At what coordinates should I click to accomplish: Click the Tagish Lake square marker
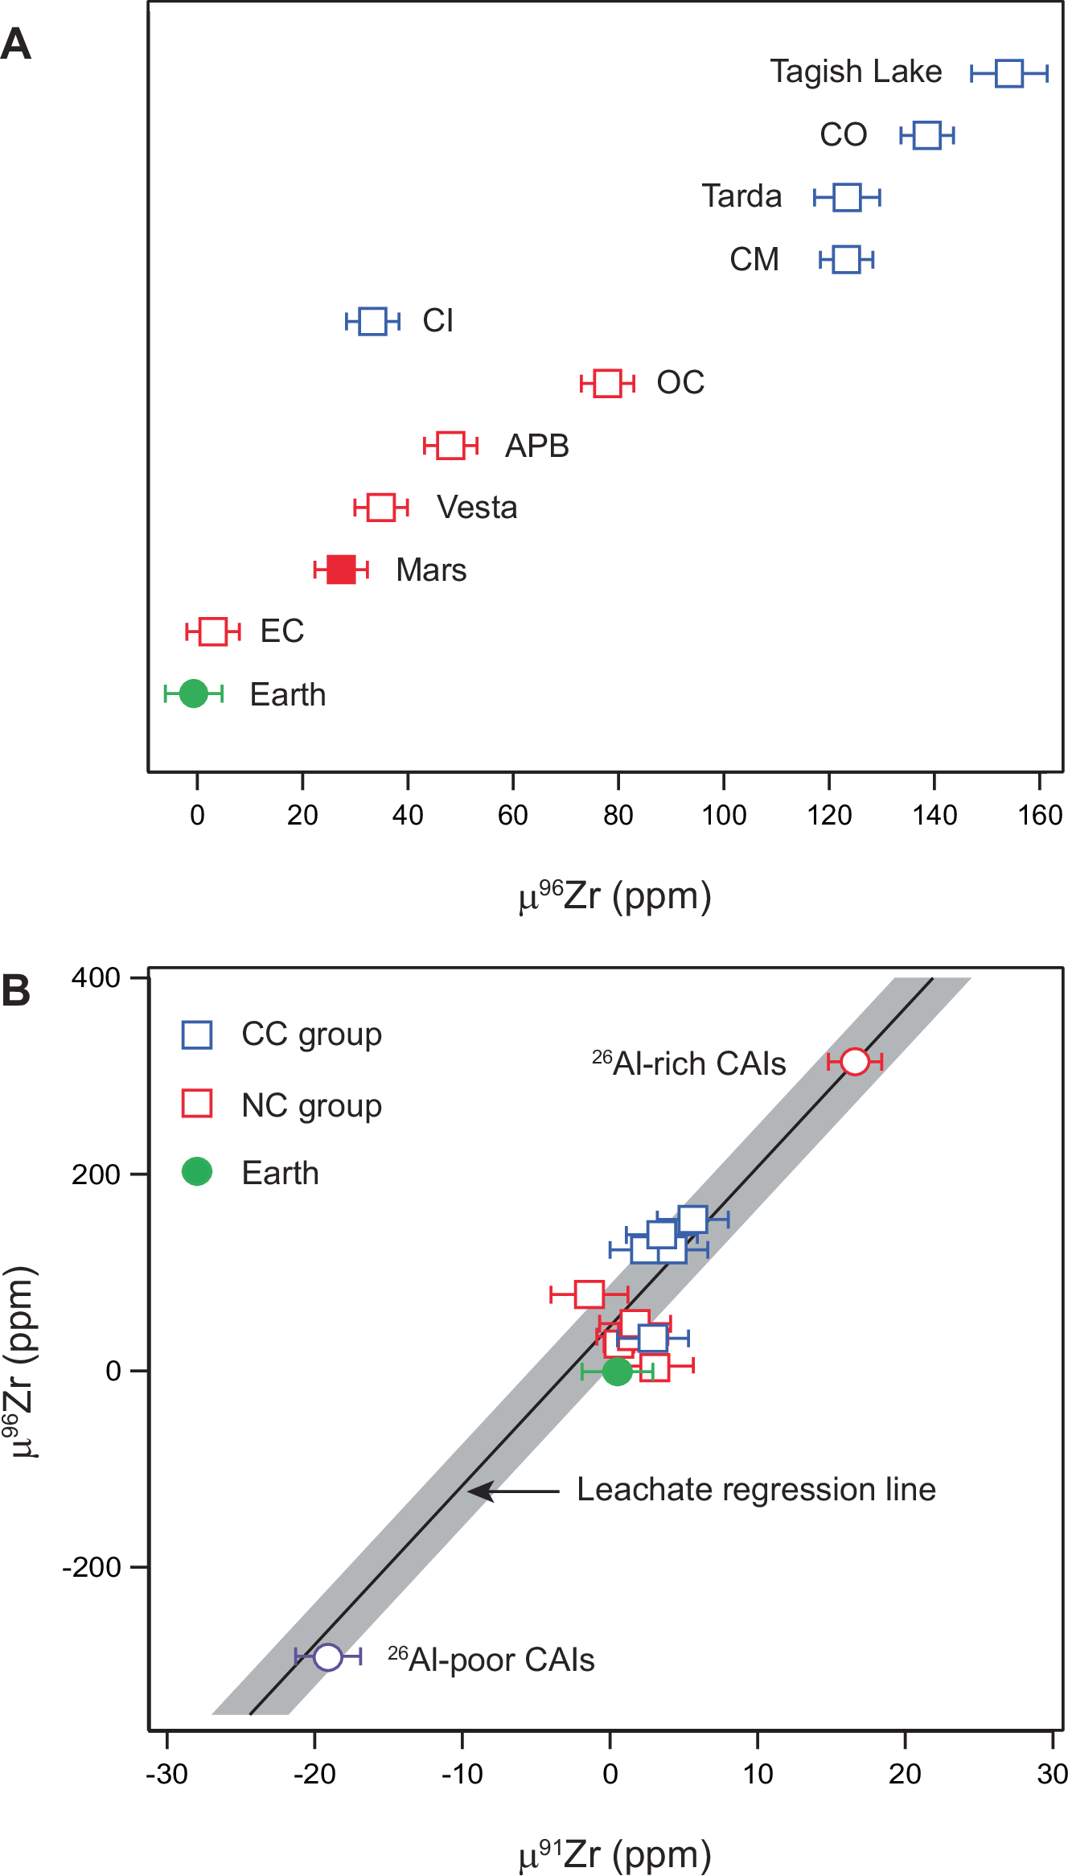coord(1008,73)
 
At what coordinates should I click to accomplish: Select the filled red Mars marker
coord(341,570)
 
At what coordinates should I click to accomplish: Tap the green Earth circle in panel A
coord(193,693)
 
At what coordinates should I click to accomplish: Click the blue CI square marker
coord(372,321)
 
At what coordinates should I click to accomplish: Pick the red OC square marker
coord(607,383)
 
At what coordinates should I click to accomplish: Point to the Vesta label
coord(477,508)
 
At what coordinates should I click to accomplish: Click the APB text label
coord(536,446)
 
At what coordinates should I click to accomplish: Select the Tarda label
coord(741,196)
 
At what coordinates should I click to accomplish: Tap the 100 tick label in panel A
coord(724,816)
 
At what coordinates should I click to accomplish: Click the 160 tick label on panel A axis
coord(1039,816)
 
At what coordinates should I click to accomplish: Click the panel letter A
coord(16,44)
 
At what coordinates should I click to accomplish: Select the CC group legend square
coord(197,1035)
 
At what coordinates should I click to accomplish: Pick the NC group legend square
coord(197,1104)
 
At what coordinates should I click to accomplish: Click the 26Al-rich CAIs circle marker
coord(855,1061)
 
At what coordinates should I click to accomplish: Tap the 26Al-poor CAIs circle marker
coord(328,1656)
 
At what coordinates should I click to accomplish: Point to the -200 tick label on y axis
coord(92,1567)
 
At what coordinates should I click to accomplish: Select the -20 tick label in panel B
coord(314,1774)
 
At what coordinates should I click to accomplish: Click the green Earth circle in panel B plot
coord(617,1371)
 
